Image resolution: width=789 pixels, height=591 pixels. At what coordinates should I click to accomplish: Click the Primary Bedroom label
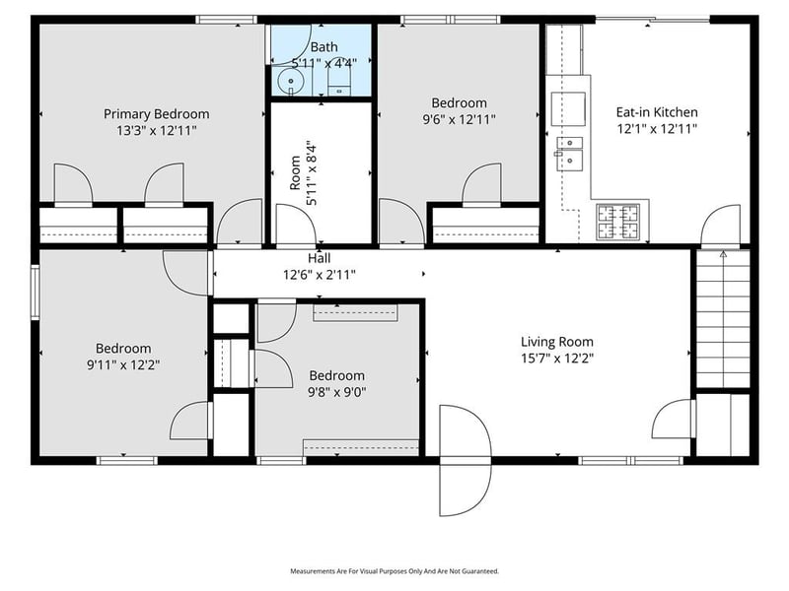click(x=156, y=113)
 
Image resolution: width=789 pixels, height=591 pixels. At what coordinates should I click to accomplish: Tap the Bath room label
click(x=323, y=46)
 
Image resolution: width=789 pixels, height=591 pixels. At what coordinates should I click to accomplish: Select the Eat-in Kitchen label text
click(x=657, y=112)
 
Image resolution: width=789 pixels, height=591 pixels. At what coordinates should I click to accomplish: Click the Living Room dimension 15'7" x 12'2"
click(x=557, y=359)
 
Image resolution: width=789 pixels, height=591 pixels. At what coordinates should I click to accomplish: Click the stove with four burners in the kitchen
click(x=618, y=221)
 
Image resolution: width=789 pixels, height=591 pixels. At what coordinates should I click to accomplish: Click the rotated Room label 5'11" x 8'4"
click(x=301, y=171)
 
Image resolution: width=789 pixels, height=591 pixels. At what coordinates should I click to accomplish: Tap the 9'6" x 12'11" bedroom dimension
click(x=459, y=119)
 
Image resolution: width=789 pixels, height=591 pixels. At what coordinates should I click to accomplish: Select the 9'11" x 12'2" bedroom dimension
click(x=123, y=364)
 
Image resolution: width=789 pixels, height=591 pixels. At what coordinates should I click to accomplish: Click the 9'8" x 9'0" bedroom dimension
click(x=336, y=392)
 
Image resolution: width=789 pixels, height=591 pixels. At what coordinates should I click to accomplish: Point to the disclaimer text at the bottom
click(x=394, y=571)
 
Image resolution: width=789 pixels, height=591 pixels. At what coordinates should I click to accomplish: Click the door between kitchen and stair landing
click(x=720, y=227)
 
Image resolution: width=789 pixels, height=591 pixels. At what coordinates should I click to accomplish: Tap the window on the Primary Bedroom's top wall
click(x=226, y=19)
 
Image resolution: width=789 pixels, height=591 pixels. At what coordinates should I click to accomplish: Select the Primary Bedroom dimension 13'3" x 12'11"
click(x=156, y=130)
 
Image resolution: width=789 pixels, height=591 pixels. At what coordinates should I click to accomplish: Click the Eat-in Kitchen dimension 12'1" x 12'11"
click(x=657, y=129)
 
